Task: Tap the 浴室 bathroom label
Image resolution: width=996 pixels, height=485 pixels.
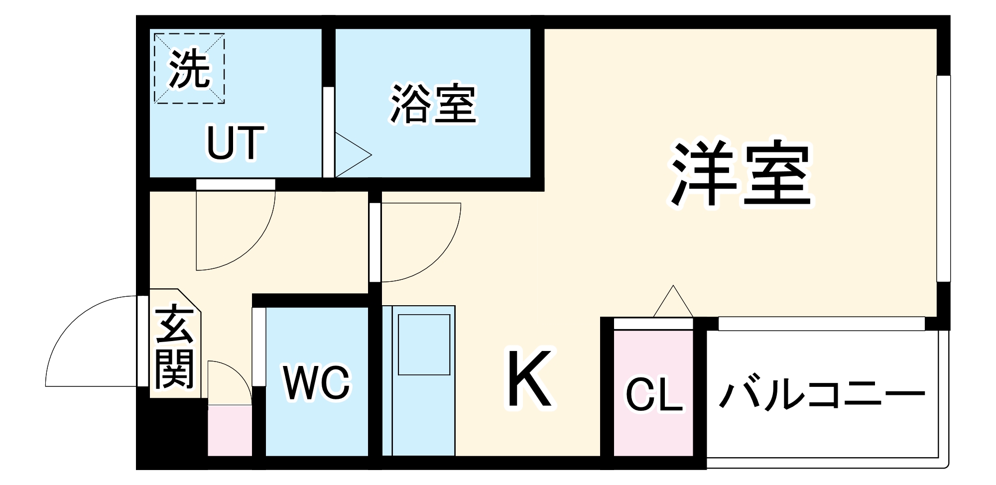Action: [433, 104]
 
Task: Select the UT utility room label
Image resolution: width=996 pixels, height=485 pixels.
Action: [235, 143]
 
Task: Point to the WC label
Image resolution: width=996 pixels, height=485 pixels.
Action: [317, 383]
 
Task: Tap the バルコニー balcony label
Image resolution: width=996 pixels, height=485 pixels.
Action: [822, 396]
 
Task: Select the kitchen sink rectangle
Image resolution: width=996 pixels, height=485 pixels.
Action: [424, 345]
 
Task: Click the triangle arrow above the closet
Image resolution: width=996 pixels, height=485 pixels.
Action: [673, 303]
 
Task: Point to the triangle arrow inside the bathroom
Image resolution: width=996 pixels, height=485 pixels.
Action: [351, 155]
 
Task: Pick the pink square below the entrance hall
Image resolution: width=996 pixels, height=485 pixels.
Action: [229, 431]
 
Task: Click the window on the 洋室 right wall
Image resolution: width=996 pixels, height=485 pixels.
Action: [943, 179]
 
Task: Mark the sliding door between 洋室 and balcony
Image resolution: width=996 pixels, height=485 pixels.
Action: [822, 324]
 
